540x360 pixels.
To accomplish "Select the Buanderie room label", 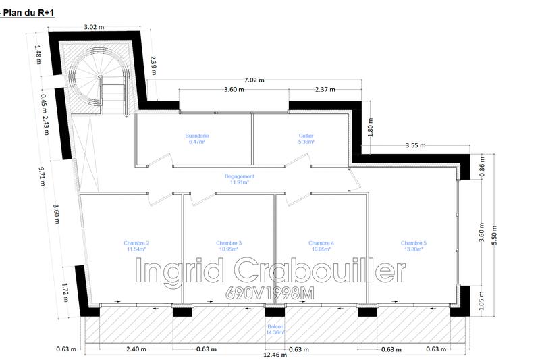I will pos(197,139).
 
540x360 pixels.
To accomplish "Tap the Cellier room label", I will pos(306,139).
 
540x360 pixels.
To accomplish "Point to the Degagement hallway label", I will pos(239,179).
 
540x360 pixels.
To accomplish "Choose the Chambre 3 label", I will pos(229,246).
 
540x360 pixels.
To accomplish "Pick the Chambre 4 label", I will pos(321,246).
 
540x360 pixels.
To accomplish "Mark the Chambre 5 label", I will pos(413,246).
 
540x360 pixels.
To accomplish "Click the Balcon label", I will pos(275,330).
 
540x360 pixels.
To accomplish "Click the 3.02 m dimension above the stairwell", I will pos(94,28).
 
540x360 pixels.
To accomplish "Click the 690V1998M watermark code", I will pos(270,296).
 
